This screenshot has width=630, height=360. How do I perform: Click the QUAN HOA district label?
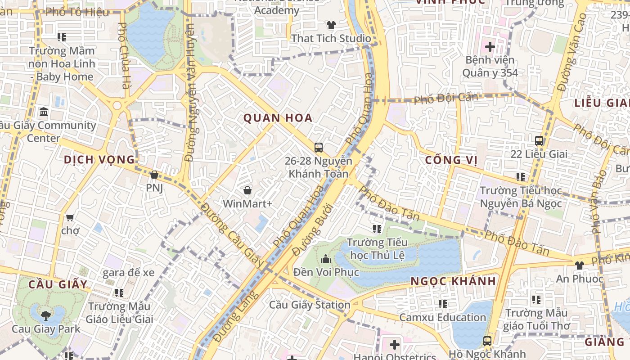278,118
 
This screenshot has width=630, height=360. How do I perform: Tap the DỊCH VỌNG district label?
99,160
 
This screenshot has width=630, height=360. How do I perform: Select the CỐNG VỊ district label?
450,160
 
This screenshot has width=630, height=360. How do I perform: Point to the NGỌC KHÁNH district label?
453,281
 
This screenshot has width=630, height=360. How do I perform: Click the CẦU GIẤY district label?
58,284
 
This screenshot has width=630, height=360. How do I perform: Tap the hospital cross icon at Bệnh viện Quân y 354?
490,46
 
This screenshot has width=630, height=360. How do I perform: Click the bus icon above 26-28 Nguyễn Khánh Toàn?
319,147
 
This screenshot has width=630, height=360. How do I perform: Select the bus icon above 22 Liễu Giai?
539,141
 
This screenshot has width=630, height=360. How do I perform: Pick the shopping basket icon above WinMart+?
247,190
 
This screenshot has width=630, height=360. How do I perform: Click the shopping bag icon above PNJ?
154,175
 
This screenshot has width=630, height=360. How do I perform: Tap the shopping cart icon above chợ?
70,218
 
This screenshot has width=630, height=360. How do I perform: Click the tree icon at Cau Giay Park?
45,315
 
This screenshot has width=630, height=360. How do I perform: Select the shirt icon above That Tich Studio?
331,25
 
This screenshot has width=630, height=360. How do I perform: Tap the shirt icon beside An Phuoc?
579,265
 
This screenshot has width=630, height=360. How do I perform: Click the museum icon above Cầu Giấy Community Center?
44,112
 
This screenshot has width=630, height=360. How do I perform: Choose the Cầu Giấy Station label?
310,305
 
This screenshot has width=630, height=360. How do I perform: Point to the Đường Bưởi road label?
312,229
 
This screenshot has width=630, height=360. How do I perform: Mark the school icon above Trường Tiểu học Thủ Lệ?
377,229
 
